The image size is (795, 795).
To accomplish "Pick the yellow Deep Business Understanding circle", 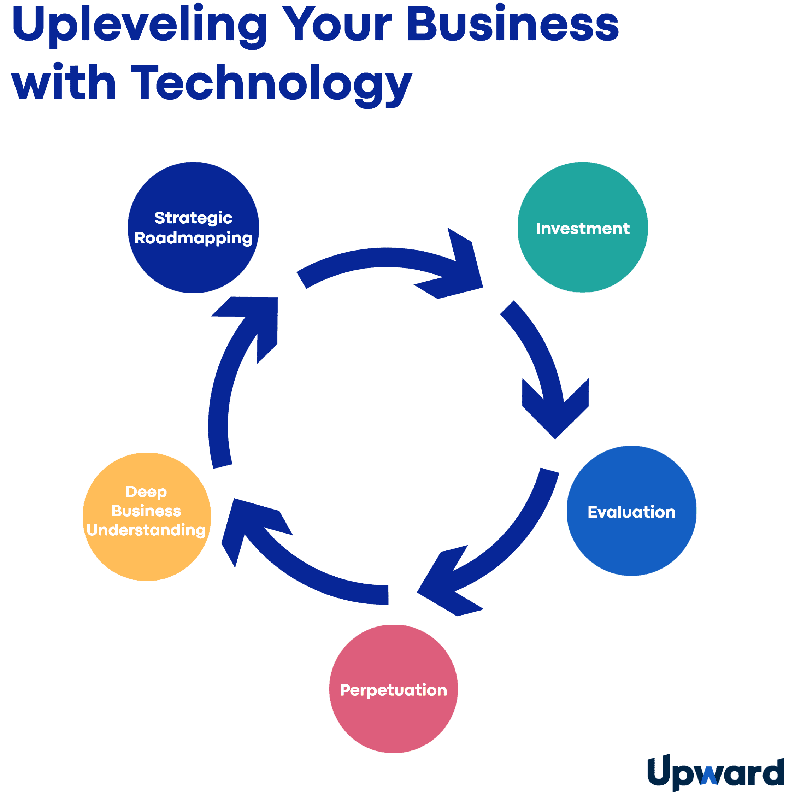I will [x=147, y=560].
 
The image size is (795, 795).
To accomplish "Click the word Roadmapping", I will [x=193, y=238].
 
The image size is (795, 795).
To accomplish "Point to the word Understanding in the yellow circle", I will [x=146, y=530].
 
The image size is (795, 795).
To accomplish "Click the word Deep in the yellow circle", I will [x=146, y=492].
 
